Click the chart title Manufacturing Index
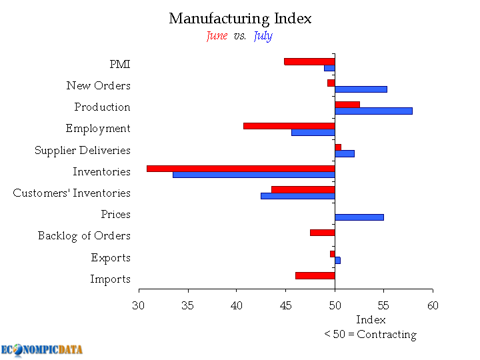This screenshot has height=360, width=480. [240, 18]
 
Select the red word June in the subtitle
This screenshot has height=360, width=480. [217, 36]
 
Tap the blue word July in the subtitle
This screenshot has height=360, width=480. [263, 36]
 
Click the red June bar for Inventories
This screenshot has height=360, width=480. [241, 168]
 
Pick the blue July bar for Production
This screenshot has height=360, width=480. [373, 111]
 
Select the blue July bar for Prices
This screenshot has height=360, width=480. [359, 217]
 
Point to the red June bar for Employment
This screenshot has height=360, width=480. [289, 125]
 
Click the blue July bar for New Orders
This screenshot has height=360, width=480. [361, 89]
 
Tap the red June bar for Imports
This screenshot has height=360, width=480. [315, 275]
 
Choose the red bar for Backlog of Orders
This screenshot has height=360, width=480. [322, 233]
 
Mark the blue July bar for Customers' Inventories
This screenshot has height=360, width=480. [297, 196]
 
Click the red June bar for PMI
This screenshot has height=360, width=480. [309, 61]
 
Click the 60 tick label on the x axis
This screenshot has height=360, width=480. [433, 305]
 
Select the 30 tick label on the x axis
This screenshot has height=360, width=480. [139, 305]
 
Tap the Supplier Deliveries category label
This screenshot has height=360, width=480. [82, 151]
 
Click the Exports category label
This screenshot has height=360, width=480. [111, 258]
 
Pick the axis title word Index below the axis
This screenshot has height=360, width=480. [371, 321]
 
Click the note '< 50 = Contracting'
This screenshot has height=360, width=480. [370, 335]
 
